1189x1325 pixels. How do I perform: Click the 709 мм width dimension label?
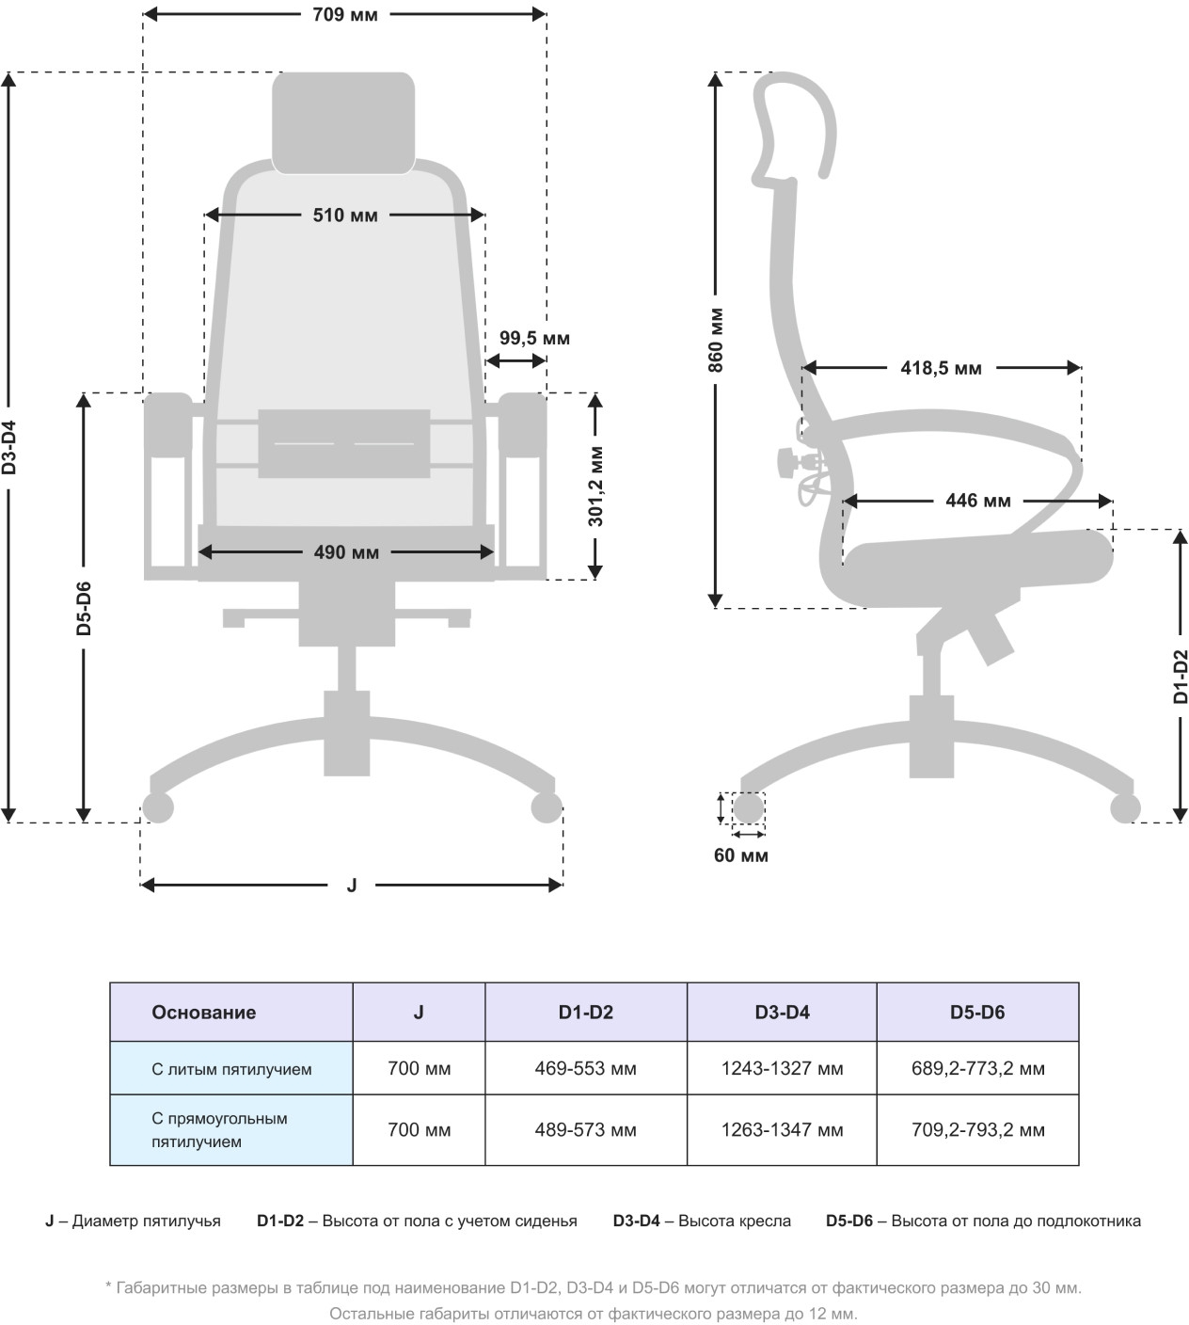point(345,15)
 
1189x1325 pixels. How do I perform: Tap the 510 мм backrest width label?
point(345,216)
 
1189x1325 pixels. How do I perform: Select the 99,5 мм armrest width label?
point(534,338)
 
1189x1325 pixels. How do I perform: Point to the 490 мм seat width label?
point(346,552)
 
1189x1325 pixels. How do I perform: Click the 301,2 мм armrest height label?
point(595,486)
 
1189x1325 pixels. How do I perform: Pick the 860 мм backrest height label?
point(716,340)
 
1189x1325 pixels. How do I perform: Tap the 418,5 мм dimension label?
point(941,368)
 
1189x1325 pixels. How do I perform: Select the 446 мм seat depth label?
point(978,501)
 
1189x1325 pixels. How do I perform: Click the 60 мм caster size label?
point(741,855)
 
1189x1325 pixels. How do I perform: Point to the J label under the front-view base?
point(352,885)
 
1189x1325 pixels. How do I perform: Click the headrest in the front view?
point(343,122)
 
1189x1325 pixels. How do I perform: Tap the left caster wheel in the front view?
point(157,807)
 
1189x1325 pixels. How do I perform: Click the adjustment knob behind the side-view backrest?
point(785,462)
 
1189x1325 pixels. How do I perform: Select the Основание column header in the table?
point(204,1013)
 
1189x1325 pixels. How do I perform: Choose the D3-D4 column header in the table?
point(782,1013)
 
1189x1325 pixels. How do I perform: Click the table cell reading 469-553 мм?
point(585,1069)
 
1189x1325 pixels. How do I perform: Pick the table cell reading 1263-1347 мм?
point(782,1130)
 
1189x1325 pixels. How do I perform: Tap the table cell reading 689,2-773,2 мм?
point(977,1069)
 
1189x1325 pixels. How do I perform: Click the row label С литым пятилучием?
point(231,1069)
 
